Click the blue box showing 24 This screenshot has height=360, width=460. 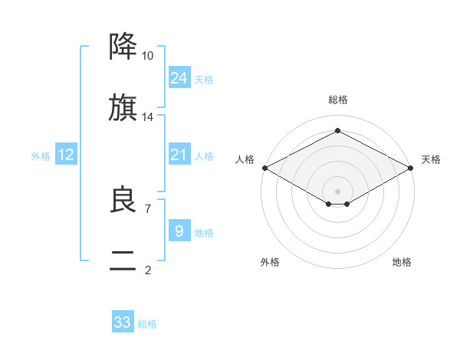click(179, 78)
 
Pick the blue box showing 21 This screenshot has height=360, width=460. click(179, 155)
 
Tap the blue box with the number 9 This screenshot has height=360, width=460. click(179, 231)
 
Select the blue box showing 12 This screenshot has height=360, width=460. click(66, 155)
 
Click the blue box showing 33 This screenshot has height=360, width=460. click(123, 322)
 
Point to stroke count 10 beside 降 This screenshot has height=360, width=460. click(148, 56)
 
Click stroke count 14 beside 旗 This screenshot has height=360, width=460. click(148, 117)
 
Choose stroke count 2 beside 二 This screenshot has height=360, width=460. click(147, 270)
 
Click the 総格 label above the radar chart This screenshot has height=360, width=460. click(338, 100)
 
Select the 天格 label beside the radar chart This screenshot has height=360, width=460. click(431, 159)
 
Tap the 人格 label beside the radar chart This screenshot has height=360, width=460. click(245, 159)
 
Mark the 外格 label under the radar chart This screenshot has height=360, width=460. click(270, 263)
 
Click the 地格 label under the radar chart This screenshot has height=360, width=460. click(402, 263)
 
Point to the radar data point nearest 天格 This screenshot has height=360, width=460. click(412, 168)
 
